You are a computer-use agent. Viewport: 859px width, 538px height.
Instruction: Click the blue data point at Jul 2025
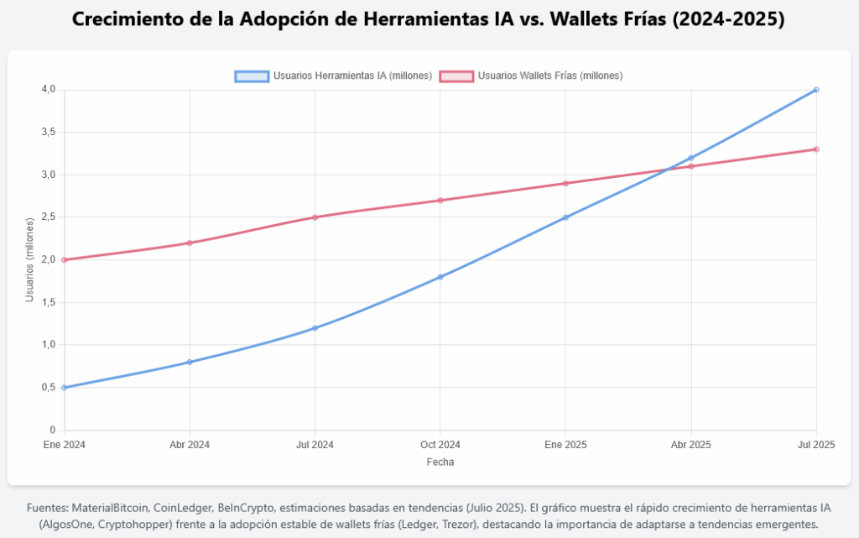[x=816, y=90]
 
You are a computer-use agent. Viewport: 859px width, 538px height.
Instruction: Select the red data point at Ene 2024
[x=65, y=259]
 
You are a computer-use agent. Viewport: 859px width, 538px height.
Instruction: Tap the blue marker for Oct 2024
[x=440, y=277]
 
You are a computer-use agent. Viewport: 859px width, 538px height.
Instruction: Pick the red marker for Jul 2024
[x=315, y=217]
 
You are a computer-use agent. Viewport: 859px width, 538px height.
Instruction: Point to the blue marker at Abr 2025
[x=691, y=158]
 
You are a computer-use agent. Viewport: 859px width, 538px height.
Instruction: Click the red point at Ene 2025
[x=565, y=183]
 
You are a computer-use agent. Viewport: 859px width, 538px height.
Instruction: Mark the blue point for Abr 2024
[x=190, y=362]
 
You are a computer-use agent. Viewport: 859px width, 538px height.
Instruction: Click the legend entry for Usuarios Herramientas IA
[x=334, y=76]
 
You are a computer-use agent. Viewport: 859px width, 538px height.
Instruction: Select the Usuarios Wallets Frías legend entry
[x=531, y=76]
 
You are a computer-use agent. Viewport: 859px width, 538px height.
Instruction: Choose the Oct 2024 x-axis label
[x=440, y=444]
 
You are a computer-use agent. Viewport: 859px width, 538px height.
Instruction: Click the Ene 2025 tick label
[x=565, y=444]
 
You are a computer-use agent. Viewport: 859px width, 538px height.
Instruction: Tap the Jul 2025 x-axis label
[x=816, y=444]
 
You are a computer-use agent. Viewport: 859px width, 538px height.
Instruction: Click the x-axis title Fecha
[x=440, y=462]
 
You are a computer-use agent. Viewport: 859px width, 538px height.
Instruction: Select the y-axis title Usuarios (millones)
[x=30, y=260]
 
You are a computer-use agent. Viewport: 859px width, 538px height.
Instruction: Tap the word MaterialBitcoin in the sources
[x=110, y=508]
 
